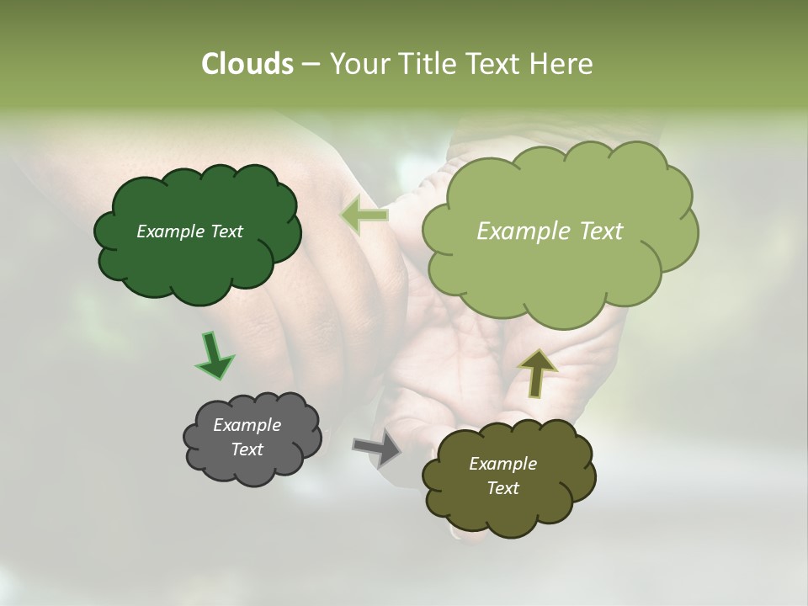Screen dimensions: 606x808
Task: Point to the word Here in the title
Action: tap(561, 64)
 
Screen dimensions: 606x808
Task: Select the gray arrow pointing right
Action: tap(377, 448)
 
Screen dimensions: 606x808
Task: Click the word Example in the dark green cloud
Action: tap(169, 231)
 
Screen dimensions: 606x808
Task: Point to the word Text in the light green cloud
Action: tap(593, 231)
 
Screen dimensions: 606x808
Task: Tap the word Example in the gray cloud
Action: tap(247, 425)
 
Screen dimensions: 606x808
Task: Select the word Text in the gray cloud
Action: tap(247, 449)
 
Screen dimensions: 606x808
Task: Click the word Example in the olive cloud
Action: tap(502, 464)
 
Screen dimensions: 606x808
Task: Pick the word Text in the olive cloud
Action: tap(502, 488)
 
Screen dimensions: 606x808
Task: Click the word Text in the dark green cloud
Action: tap(225, 231)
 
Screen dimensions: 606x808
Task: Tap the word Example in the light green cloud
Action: tap(519, 231)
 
